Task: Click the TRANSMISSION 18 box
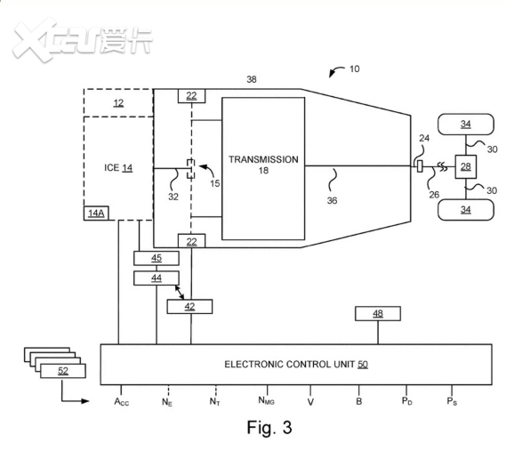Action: coord(263,168)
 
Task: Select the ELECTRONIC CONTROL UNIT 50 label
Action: coord(296,365)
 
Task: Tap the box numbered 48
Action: coord(378,313)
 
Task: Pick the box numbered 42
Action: coord(189,306)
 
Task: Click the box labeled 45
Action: coord(157,258)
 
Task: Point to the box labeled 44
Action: coord(157,278)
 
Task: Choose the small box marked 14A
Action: coord(96,213)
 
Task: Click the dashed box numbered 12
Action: coord(118,102)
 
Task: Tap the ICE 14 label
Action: coord(118,168)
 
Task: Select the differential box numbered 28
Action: coord(466,166)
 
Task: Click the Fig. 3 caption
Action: coord(269,427)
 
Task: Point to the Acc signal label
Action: coord(121,402)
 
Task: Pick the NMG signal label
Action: coord(266,400)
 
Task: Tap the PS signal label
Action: coord(452,401)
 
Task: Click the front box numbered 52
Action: coord(63,371)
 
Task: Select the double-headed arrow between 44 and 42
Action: coord(180,292)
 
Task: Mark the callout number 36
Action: coord(332,200)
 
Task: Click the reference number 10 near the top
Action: coord(354,68)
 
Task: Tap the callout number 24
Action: coord(424,138)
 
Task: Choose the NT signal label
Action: coord(214,401)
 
